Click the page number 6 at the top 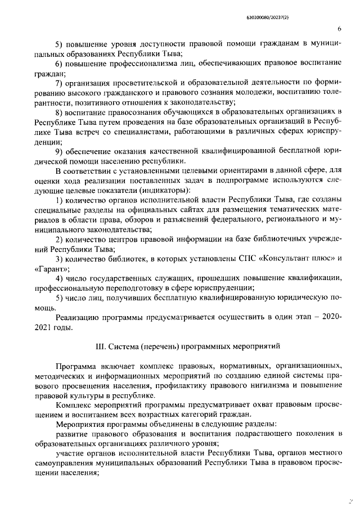[x=340, y=28]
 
